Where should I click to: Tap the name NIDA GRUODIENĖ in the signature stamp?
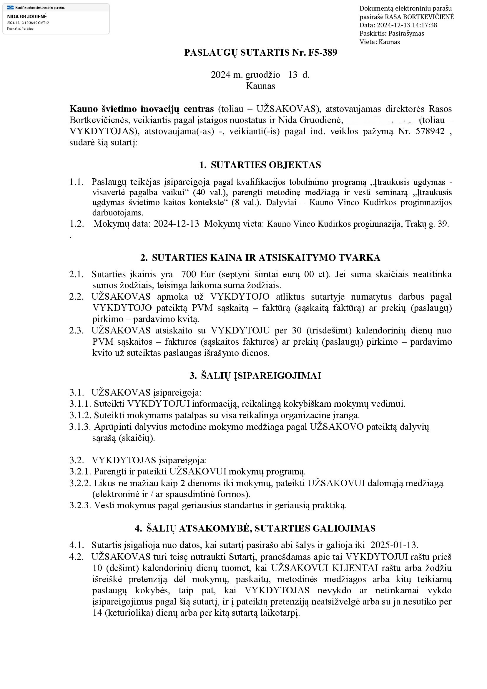tap(27, 16)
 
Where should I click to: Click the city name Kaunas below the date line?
tap(260, 86)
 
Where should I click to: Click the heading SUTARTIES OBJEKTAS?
tap(265, 165)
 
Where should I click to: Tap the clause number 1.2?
tap(77, 224)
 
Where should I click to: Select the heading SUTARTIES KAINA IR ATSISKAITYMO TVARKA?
tap(266, 258)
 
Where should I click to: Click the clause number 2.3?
tap(77, 331)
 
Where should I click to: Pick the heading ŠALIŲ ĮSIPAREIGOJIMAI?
tap(261, 376)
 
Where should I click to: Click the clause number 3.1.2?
tap(80, 415)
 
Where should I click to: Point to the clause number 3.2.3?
tap(80, 505)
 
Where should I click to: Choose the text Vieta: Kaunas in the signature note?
tap(380, 42)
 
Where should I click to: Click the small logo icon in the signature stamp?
tap(11, 7)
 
